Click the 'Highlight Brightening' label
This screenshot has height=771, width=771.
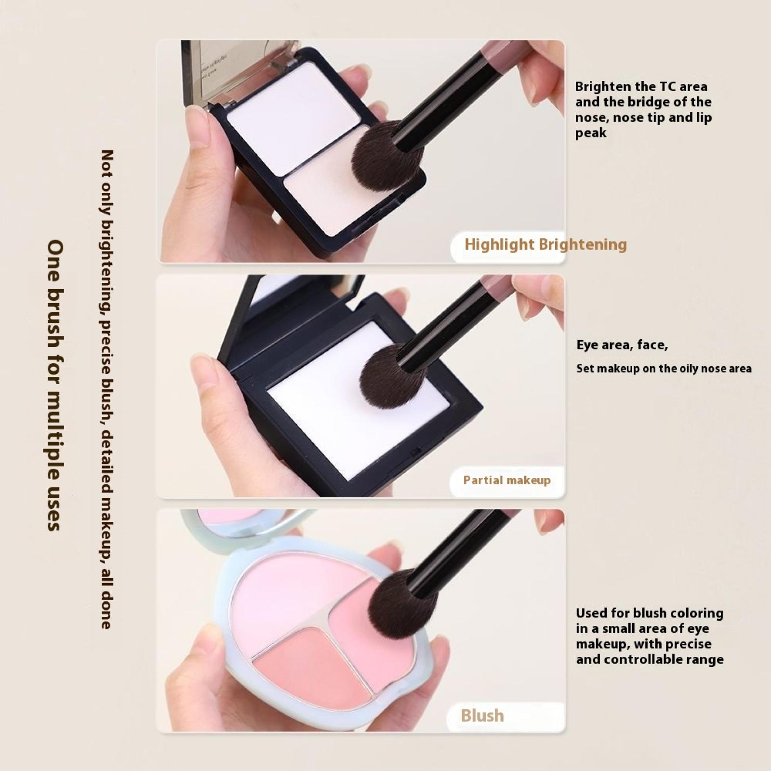[545, 244]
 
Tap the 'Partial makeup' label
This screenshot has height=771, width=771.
[507, 480]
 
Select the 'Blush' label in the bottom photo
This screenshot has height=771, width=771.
[482, 716]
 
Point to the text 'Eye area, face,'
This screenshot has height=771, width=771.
[622, 346]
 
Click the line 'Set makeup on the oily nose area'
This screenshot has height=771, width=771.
[664, 369]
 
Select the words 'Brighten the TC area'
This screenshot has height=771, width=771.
[641, 87]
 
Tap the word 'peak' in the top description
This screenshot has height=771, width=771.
[591, 133]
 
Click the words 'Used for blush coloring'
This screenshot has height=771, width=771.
[650, 613]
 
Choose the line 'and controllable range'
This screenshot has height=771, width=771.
[650, 659]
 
